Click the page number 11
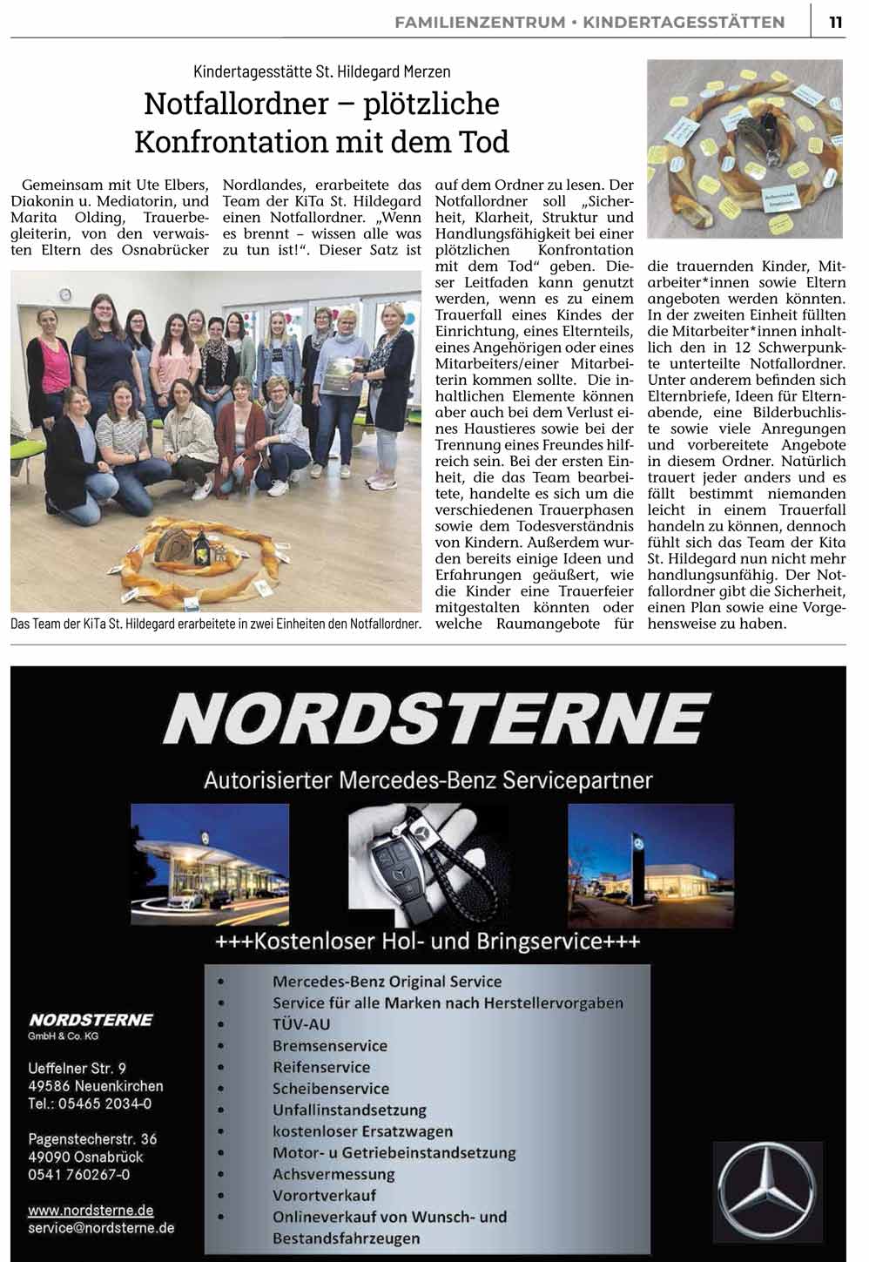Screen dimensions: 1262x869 point(835,23)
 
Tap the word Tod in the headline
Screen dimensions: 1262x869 point(482,141)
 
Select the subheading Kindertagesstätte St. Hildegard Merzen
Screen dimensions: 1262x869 point(322,71)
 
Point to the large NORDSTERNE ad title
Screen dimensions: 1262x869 point(435,719)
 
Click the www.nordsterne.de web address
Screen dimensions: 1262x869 point(91,1210)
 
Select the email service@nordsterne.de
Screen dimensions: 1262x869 point(101,1228)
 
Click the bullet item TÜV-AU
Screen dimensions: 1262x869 point(301,1024)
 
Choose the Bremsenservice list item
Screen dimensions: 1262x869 point(329,1045)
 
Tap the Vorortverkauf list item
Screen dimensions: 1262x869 point(324,1195)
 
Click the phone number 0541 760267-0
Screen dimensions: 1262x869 point(79,1174)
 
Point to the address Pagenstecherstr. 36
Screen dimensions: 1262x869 point(92,1138)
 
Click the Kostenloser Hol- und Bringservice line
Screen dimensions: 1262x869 point(428,941)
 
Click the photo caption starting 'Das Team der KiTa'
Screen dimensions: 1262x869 point(216,624)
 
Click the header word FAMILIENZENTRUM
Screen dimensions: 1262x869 point(480,23)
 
